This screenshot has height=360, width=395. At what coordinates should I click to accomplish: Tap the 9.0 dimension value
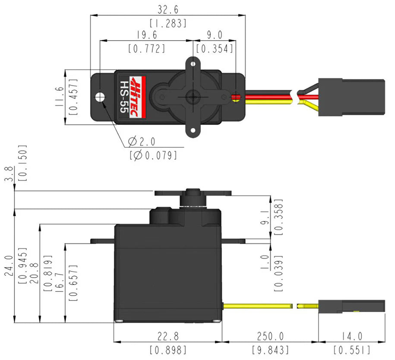tap(215, 35)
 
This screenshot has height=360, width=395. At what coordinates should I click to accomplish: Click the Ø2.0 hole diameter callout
tap(142, 141)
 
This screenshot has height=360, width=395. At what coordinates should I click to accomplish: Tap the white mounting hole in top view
tap(101, 96)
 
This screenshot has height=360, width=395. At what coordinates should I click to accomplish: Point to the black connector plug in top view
tap(351, 98)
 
